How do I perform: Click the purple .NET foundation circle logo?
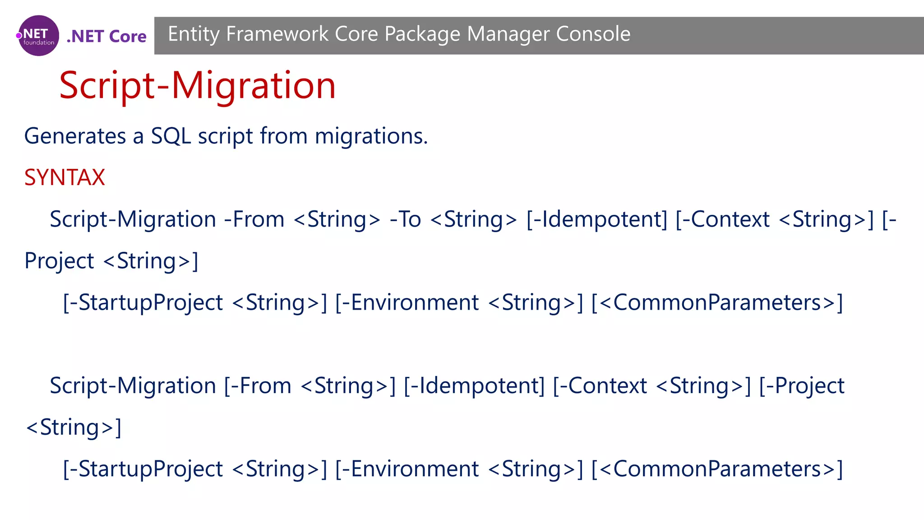(38, 36)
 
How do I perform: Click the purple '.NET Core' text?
(106, 36)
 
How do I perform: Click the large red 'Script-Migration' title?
(197, 85)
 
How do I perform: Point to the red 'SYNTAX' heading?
(65, 177)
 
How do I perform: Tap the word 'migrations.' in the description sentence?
(371, 136)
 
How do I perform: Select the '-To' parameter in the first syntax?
(405, 219)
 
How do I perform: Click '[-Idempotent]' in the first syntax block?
(596, 219)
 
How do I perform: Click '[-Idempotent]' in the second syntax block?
(474, 386)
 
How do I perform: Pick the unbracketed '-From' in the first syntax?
(254, 219)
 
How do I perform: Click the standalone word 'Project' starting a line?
(59, 261)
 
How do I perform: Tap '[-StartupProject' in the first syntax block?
(143, 302)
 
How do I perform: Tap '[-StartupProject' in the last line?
(143, 469)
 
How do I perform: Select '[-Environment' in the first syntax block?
(407, 302)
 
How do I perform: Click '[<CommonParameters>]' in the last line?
(717, 469)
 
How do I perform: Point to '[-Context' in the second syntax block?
(600, 386)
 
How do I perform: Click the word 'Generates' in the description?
(75, 136)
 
